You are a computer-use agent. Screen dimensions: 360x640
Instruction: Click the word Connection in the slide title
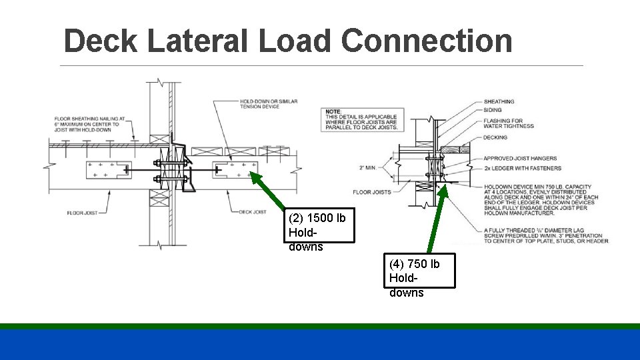427,41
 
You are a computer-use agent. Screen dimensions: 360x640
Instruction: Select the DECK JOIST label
253,212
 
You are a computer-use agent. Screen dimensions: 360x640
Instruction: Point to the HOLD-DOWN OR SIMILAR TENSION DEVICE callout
269,104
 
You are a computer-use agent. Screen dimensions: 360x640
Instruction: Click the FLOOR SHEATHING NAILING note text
87,124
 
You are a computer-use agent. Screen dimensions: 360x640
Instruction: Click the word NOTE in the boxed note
334,111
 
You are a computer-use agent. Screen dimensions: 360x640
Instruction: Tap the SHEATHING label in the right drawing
499,102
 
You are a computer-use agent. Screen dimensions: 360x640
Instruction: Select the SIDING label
493,110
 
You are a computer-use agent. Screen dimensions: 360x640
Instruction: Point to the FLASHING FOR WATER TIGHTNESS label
509,123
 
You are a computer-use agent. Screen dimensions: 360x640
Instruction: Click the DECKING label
495,137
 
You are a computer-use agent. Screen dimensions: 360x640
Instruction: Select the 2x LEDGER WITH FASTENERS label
523,168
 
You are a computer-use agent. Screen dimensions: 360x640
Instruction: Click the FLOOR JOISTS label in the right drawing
371,192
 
